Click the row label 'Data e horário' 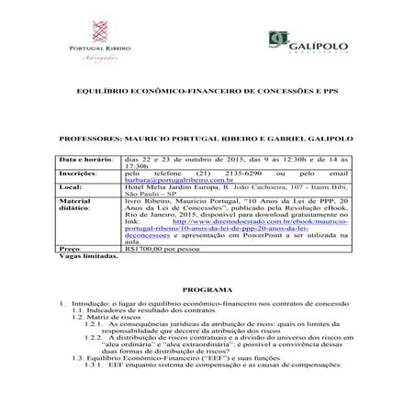click(85, 160)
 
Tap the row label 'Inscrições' click(79, 173)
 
